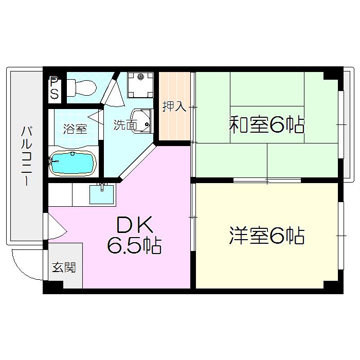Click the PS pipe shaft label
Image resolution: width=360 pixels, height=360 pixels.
pyautogui.click(x=55, y=88)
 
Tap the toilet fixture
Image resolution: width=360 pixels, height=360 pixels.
pyautogui.click(x=81, y=88)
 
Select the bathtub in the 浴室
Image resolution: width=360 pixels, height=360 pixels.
pyautogui.click(x=73, y=163)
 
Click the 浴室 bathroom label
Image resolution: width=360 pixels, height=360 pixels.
pyautogui.click(x=75, y=129)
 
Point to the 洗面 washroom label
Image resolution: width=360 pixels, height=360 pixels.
pyautogui.click(x=125, y=125)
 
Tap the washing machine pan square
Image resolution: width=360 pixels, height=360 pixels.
pyautogui.click(x=140, y=85)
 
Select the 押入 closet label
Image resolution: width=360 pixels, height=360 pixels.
pyautogui.click(x=174, y=106)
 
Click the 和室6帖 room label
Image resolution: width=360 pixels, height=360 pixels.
pyautogui.click(x=267, y=124)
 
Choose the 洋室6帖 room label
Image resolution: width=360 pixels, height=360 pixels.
pyautogui.click(x=267, y=236)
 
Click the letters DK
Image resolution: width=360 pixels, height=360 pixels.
pyautogui.click(x=135, y=224)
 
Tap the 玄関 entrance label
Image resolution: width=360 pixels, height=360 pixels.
pyautogui.click(x=64, y=267)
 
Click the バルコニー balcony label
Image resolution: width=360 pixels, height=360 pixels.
pyautogui.click(x=27, y=156)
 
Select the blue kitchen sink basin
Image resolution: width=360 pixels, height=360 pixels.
pyautogui.click(x=101, y=194)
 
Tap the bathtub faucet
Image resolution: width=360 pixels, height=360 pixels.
pyautogui.click(x=53, y=161)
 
